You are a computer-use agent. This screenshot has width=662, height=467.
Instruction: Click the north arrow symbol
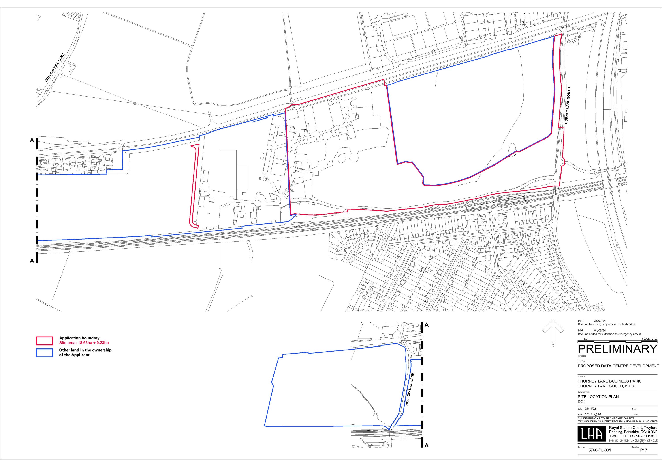tap(553, 333)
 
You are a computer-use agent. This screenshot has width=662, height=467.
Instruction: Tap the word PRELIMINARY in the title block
tap(617, 349)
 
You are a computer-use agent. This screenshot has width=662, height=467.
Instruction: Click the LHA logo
tap(592, 434)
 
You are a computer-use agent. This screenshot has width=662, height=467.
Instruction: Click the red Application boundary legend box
tap(44, 340)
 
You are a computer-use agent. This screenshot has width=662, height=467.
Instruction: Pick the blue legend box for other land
tap(44, 353)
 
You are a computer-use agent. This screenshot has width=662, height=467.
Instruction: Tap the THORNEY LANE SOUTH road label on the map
tap(567, 106)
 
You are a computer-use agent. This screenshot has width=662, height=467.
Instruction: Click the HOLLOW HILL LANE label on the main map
tap(55, 67)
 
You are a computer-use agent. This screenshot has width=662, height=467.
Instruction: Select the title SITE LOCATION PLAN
tap(598, 396)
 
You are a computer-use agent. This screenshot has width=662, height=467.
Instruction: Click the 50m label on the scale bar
tap(585, 339)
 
